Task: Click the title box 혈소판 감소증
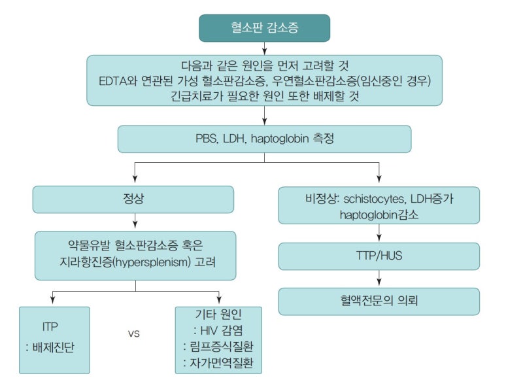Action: point(264,27)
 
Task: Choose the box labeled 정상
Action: point(133,199)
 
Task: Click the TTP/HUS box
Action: point(379,256)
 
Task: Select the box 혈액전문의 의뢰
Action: point(379,301)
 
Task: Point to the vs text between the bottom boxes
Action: point(134,333)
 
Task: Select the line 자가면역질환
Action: point(220,363)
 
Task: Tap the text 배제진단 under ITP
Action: point(53,347)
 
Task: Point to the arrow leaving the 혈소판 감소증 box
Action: point(264,47)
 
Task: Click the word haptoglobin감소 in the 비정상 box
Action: point(379,214)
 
